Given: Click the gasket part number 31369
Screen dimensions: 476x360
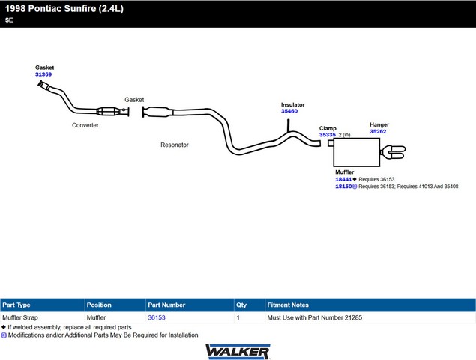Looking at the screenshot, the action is click(x=43, y=74).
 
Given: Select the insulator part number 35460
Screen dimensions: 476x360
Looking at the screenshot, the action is click(x=289, y=111).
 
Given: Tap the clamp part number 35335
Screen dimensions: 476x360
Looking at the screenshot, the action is click(x=328, y=135).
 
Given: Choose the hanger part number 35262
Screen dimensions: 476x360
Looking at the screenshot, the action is click(x=378, y=131).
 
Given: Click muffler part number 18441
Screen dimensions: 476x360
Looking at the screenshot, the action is click(x=343, y=179).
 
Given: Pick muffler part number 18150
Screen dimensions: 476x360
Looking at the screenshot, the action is click(x=343, y=187).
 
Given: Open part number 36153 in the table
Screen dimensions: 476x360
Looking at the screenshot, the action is click(x=157, y=317).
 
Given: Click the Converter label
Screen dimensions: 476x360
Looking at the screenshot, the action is click(x=85, y=125).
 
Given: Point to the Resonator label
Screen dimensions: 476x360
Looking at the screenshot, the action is click(x=175, y=145).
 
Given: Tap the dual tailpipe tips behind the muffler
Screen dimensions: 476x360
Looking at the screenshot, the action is click(x=393, y=152).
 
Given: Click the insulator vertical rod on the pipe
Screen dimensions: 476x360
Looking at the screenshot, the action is click(x=288, y=125).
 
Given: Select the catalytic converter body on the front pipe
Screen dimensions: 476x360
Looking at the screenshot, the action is click(x=108, y=112).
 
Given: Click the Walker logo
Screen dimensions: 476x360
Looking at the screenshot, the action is click(x=238, y=352).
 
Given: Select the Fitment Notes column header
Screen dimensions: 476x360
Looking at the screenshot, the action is click(x=288, y=304).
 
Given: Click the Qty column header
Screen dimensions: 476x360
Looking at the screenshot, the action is click(x=241, y=305).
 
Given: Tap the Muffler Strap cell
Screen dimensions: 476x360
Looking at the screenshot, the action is click(x=20, y=317).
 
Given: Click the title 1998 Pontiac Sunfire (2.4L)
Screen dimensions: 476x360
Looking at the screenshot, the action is click(x=64, y=8).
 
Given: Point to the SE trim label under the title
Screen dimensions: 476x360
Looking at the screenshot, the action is click(x=9, y=20).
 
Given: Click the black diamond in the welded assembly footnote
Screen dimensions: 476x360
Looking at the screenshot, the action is click(x=4, y=327).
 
